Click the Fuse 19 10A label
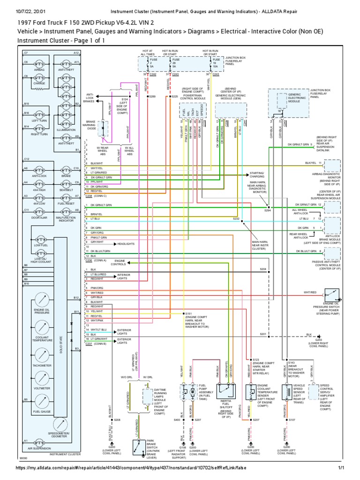tap(216, 63)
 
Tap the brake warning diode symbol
tap(104, 128)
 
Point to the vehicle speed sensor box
tap(285, 394)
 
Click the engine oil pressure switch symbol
tap(336, 296)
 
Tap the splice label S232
tap(236, 218)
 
